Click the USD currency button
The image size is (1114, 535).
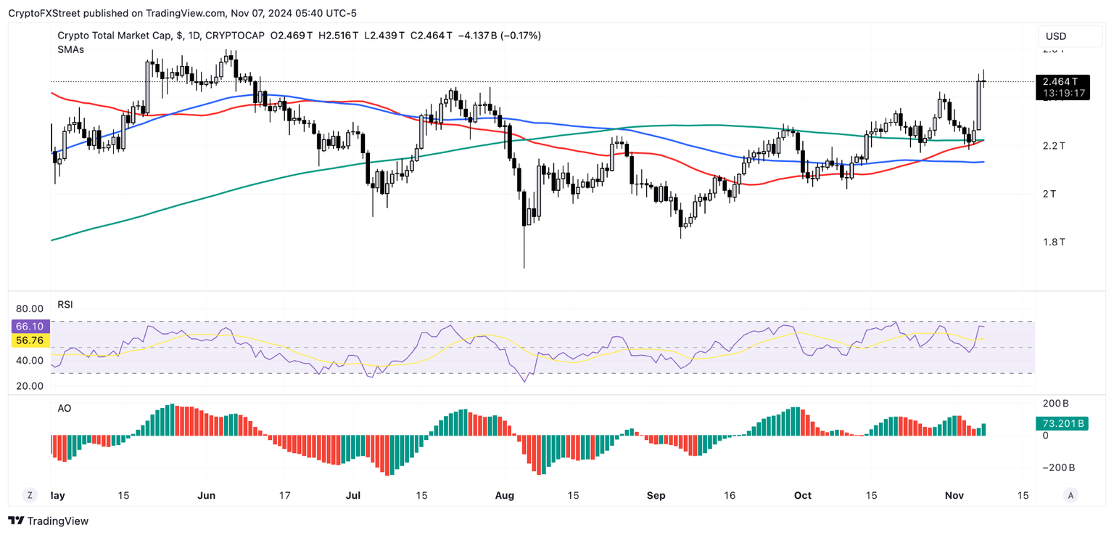click(x=1056, y=36)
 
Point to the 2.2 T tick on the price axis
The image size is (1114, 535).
click(x=1053, y=146)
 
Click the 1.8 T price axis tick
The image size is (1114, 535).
click(x=1053, y=242)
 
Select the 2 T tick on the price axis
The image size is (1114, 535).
click(x=1049, y=194)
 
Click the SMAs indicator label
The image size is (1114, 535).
click(x=70, y=49)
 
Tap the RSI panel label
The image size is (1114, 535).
click(x=65, y=304)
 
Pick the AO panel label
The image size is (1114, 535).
click(x=65, y=409)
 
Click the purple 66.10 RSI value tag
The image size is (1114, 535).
click(x=29, y=327)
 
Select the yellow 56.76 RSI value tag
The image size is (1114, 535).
click(x=29, y=340)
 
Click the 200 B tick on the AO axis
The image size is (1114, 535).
click(x=1055, y=403)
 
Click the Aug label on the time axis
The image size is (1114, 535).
click(x=504, y=496)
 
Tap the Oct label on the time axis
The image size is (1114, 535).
click(x=803, y=496)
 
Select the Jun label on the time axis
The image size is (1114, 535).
click(x=207, y=496)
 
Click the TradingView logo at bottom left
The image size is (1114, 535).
click(x=48, y=520)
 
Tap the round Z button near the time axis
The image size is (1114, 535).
click(x=30, y=496)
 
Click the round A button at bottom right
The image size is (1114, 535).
click(x=1070, y=496)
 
